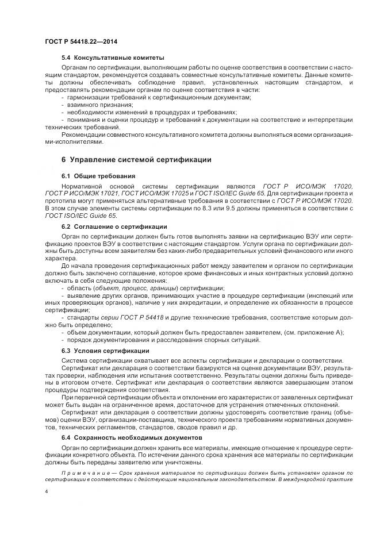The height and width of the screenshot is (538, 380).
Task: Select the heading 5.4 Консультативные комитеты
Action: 113,57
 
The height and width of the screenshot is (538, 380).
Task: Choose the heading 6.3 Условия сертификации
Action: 107,350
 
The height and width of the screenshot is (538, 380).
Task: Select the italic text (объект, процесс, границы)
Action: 147,287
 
